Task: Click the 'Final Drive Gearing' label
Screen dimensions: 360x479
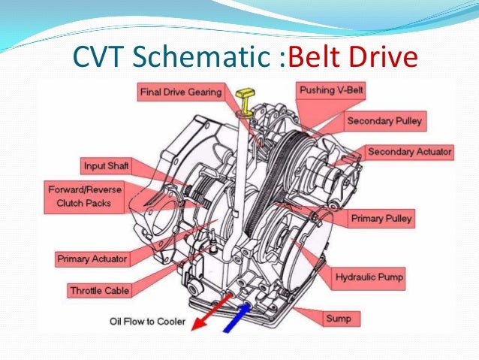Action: pyautogui.click(x=181, y=92)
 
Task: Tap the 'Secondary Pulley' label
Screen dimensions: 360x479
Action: pyautogui.click(x=384, y=120)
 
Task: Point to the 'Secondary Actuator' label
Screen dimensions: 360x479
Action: pyautogui.click(x=410, y=152)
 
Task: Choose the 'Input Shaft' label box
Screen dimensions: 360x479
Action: pyautogui.click(x=104, y=165)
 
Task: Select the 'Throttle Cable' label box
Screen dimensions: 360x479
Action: pyautogui.click(x=100, y=291)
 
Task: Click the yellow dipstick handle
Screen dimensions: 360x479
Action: pyautogui.click(x=243, y=95)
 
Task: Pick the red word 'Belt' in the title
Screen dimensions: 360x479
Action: pyautogui.click(x=316, y=56)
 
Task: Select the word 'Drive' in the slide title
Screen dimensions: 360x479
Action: pyautogui.click(x=383, y=56)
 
